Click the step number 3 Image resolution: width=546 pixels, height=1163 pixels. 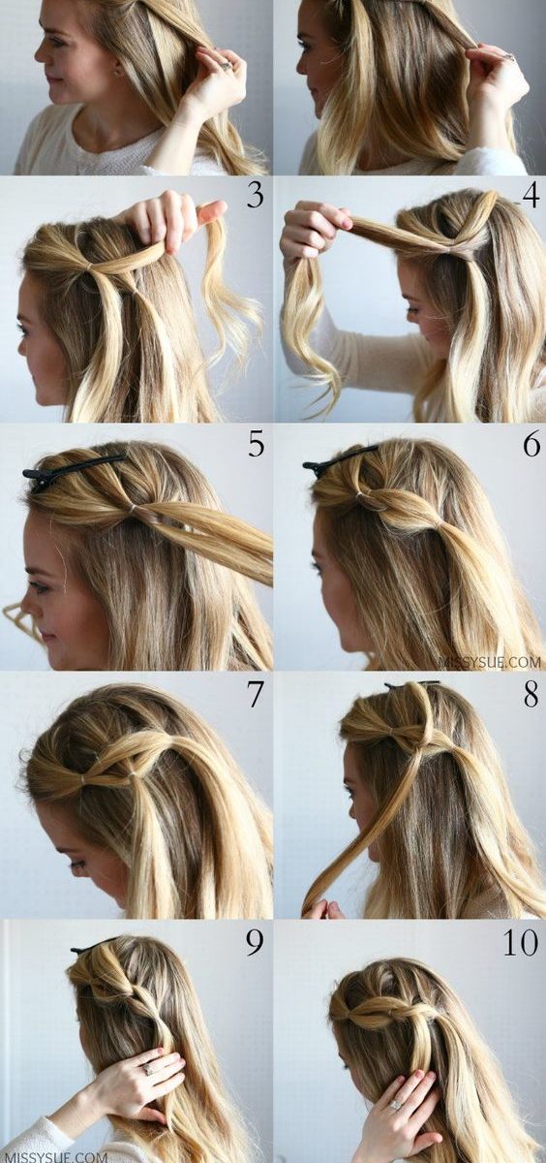pos(255,195)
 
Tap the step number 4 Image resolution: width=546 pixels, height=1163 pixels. pos(531,195)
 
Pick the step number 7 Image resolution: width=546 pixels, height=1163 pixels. pos(255,695)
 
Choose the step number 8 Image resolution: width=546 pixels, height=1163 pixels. pos(531,695)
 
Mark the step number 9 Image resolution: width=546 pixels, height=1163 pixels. pos(255,944)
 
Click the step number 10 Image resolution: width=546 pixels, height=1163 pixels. pos(521,944)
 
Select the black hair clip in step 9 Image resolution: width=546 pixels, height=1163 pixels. pos(93,946)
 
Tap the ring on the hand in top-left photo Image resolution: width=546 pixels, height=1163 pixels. pos(226,64)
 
